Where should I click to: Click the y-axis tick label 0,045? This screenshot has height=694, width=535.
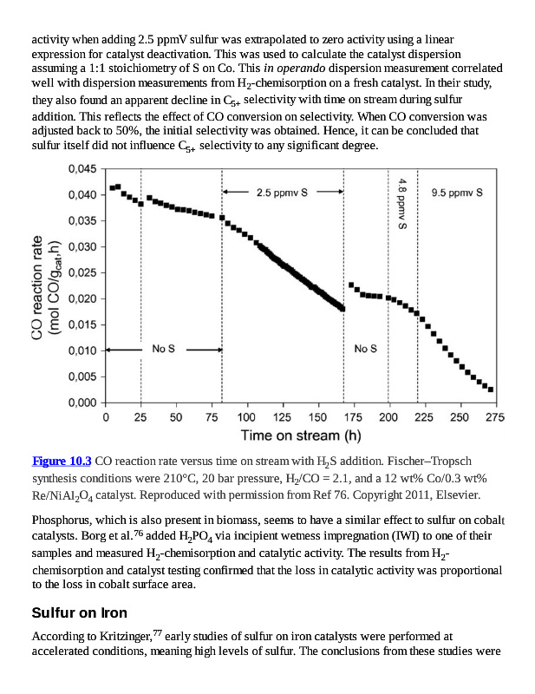[82, 169]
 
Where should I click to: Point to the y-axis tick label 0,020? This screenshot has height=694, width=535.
[82, 298]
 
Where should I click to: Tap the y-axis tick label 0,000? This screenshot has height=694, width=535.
[82, 403]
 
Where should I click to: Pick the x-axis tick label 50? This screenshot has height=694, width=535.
[176, 417]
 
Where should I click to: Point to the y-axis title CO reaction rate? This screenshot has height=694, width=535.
[38, 286]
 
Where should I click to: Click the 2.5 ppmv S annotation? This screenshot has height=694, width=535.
[282, 192]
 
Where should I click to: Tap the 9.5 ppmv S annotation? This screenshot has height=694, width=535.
[457, 192]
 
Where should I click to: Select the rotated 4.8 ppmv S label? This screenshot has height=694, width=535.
[402, 202]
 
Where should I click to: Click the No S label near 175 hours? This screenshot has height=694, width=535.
[365, 349]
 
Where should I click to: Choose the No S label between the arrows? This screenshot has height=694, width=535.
[164, 349]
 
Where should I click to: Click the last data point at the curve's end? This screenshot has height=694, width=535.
[491, 390]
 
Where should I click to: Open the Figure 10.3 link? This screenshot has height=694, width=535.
[62, 460]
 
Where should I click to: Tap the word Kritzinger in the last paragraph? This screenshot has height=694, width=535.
[122, 637]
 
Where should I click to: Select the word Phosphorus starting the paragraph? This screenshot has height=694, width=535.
[63, 521]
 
